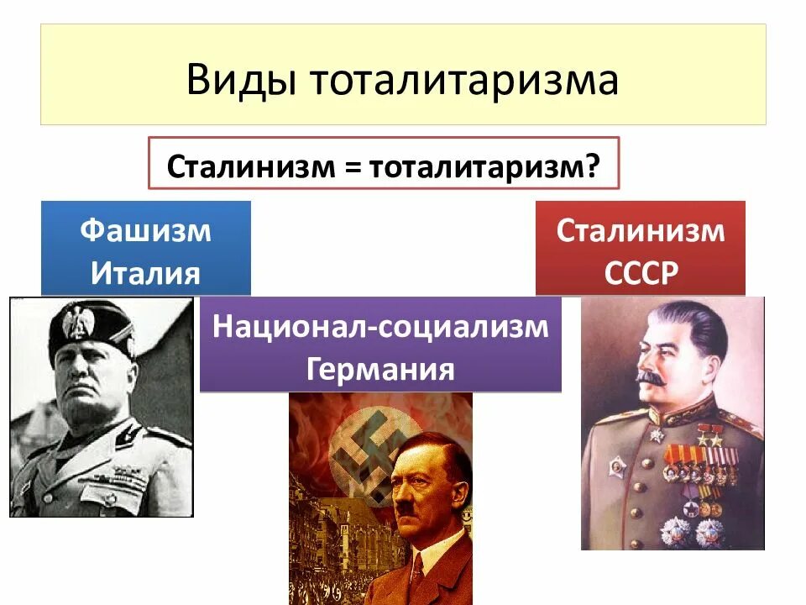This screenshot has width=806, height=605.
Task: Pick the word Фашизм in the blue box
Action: [x=145, y=230]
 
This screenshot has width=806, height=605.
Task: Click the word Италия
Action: [x=145, y=273]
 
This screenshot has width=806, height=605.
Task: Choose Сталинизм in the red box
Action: [x=640, y=230]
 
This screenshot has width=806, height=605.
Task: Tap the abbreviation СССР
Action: [x=640, y=274]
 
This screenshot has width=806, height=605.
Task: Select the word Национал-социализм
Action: [x=380, y=326]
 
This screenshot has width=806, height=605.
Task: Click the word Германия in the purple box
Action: [x=380, y=369]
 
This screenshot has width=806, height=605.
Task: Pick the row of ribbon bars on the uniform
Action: [x=705, y=459]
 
